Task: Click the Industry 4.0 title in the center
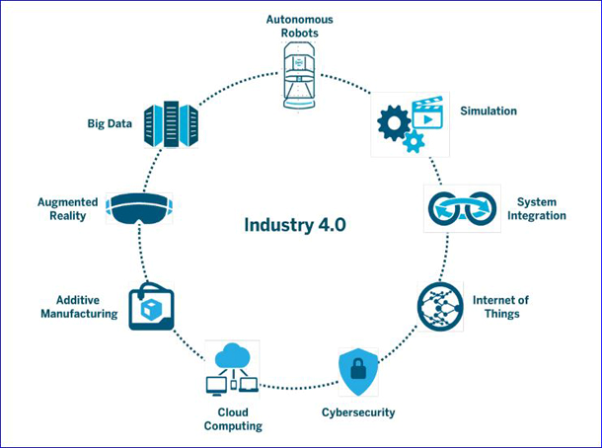click(295, 225)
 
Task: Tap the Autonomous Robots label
click(299, 26)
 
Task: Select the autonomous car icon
click(299, 75)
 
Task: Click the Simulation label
click(489, 111)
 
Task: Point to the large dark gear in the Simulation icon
click(394, 123)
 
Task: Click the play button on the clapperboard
click(428, 119)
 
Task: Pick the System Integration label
click(537, 209)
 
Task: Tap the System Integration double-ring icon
click(462, 208)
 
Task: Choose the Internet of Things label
click(500, 307)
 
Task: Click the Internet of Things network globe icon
click(440, 306)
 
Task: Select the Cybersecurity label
click(358, 412)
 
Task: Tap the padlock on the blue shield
click(358, 369)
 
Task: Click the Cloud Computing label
click(233, 418)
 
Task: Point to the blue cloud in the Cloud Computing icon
click(233, 355)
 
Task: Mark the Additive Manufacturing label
click(79, 307)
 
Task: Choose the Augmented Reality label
click(67, 209)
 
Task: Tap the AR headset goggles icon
click(139, 208)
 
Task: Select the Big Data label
click(110, 123)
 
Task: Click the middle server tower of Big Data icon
click(172, 124)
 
